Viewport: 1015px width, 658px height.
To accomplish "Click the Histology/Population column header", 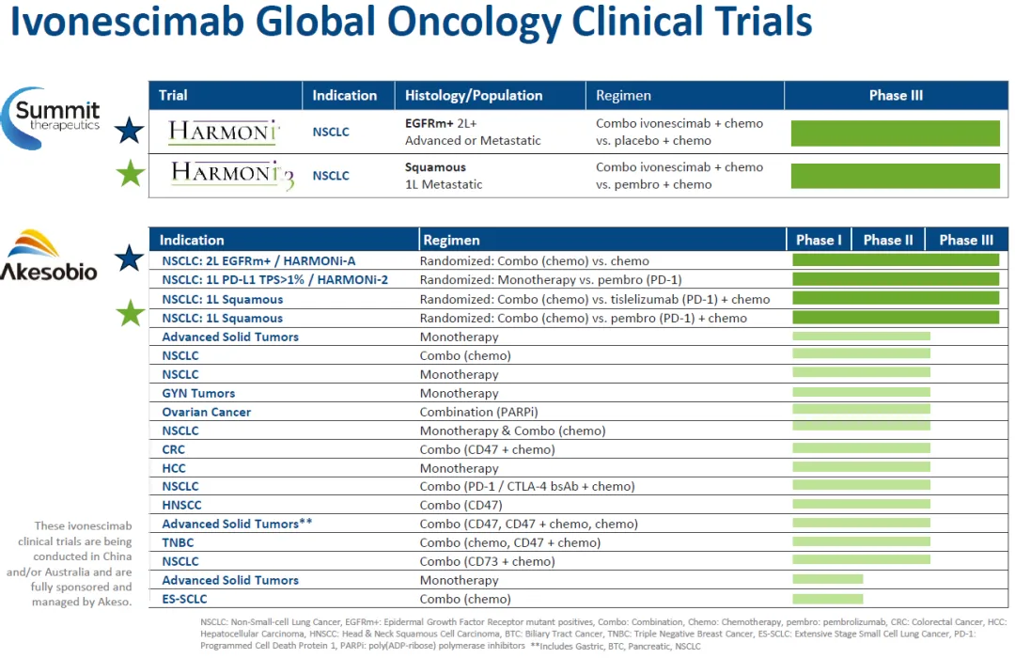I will (474, 95).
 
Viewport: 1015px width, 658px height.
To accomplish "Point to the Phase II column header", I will (888, 240).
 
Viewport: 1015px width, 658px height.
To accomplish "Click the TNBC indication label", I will (179, 542).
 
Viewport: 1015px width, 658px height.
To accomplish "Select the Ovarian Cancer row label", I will (207, 412).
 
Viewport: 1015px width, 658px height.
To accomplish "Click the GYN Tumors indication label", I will (198, 393).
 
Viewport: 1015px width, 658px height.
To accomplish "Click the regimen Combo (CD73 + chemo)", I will (487, 561).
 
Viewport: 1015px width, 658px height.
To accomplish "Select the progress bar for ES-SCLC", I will (828, 598).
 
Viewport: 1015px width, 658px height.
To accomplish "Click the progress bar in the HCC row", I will (862, 467).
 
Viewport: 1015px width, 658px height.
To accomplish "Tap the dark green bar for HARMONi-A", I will (896, 260).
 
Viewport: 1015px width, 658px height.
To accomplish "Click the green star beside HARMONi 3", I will (130, 174).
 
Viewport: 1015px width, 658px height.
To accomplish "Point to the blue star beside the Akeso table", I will (130, 258).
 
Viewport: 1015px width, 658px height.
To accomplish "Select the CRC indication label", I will (174, 449).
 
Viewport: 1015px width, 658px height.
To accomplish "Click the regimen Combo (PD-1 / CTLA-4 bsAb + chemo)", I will (527, 486).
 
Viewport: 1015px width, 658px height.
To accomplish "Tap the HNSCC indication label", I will (182, 505).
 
